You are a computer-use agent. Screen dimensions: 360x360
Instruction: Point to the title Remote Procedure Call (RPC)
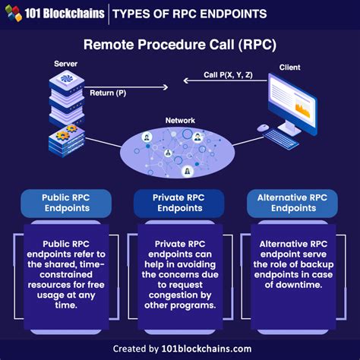coord(179,45)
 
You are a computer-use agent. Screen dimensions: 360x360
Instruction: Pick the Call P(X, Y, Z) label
coord(227,74)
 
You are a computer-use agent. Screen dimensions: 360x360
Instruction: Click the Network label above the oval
coord(180,121)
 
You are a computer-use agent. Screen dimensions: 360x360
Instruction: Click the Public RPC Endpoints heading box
coord(66,203)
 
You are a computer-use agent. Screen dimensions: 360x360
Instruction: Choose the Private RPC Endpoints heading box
coord(179,203)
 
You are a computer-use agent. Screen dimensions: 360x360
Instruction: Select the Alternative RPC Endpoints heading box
coord(292,203)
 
